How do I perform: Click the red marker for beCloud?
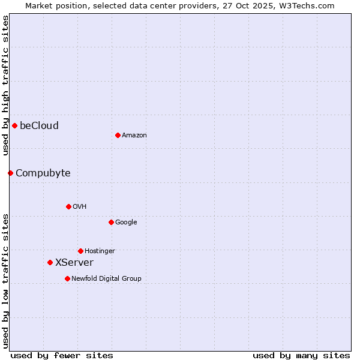click(14, 125)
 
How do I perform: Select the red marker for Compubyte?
click(10, 173)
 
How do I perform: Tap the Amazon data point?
click(118, 135)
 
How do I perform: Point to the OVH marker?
click(68, 206)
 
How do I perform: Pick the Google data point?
click(111, 222)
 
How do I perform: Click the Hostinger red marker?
click(80, 251)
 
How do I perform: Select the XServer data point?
click(50, 262)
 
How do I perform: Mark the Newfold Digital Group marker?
click(67, 278)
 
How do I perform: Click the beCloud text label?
click(39, 125)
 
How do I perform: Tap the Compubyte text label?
click(43, 173)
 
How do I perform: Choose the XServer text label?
click(74, 262)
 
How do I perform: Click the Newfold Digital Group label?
click(106, 278)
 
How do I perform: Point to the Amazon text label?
click(134, 135)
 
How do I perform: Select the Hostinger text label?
click(100, 251)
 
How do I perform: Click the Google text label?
click(126, 222)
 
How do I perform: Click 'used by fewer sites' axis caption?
click(62, 355)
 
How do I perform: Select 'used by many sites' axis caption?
click(301, 355)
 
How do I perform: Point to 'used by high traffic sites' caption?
click(5, 85)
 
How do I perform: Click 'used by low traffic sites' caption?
click(5, 281)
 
